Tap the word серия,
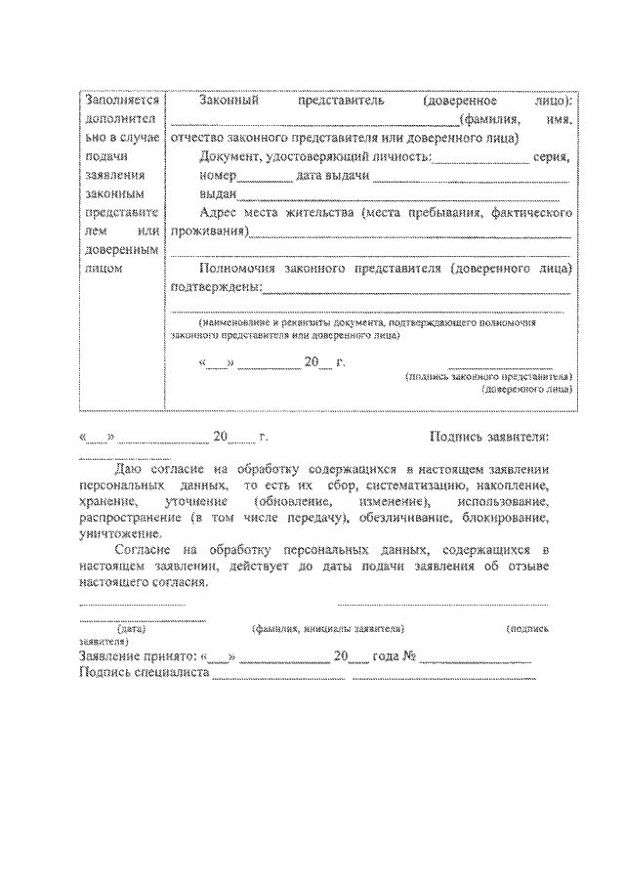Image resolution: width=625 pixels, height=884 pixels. click(x=554, y=156)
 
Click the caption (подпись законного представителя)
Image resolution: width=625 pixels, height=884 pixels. click(x=489, y=375)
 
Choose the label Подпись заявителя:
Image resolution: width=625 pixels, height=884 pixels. click(x=489, y=437)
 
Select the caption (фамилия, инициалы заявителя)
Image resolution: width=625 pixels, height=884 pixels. click(x=327, y=630)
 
